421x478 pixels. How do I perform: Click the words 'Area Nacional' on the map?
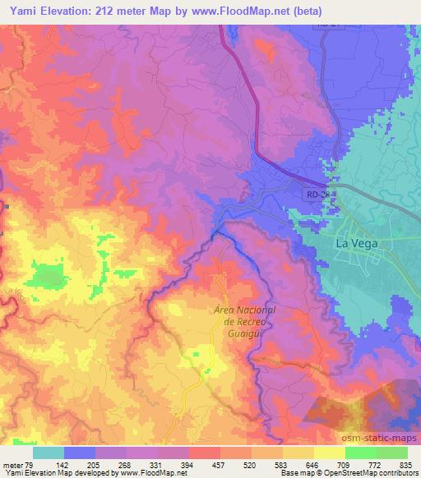tap(244, 310)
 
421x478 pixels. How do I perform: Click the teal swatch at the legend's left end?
tap(48, 453)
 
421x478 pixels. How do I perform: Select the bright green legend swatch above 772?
tap(360, 453)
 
